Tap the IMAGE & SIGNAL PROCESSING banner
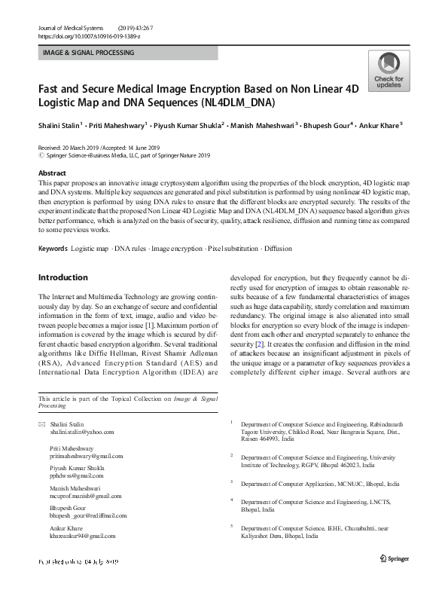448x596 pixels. tap(89, 53)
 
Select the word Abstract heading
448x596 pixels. tap(52, 173)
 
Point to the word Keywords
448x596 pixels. tap(53, 248)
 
